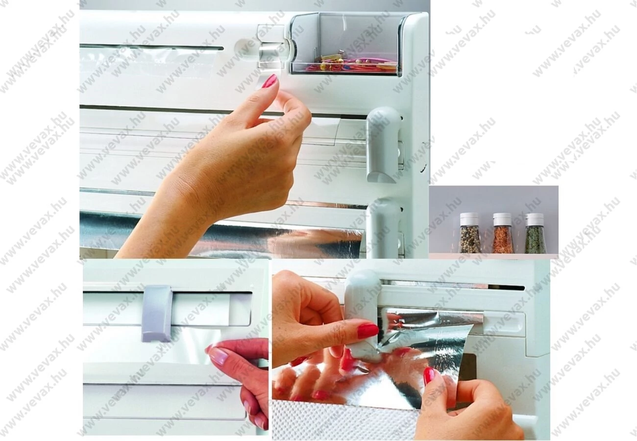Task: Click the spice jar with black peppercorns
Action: [469, 233]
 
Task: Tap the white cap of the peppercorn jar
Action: [469, 219]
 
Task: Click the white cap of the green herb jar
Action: [535, 219]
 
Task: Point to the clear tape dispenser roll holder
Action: [272, 47]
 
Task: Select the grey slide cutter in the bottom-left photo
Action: [157, 313]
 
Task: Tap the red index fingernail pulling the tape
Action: [269, 81]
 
